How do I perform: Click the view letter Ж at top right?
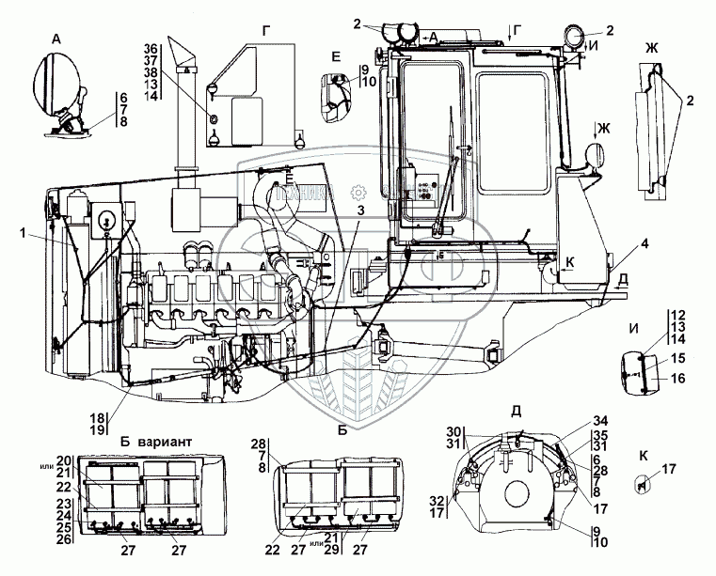coord(653,47)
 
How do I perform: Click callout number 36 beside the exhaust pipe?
coord(150,49)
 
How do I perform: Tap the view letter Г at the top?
coord(267,30)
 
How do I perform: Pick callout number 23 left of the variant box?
coord(63,502)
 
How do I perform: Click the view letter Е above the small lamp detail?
coord(336,56)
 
